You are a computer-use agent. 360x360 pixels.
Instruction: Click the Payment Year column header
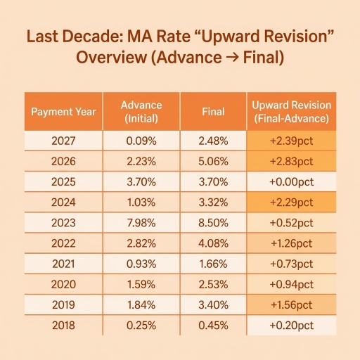coord(63,112)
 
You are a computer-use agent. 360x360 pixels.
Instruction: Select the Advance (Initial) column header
coord(141,112)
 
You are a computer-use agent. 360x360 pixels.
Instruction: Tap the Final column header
coord(213,112)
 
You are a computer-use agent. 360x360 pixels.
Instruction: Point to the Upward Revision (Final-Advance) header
coord(292,112)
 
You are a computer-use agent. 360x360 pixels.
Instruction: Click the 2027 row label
coord(63,141)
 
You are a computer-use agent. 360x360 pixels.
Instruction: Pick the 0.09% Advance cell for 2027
coord(141,141)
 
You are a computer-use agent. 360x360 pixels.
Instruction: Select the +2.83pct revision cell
coord(292,162)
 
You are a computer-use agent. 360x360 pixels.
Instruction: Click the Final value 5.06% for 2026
coord(213,162)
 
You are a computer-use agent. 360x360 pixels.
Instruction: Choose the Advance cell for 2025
coord(141,182)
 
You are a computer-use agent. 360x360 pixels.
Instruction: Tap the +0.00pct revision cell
coord(292,182)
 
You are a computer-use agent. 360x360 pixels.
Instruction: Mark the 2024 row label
coord(63,202)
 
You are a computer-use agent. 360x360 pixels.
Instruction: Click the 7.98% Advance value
coord(141,223)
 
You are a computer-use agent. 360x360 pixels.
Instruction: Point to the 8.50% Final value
coord(213,223)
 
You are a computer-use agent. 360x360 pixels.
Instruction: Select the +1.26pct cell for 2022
coord(292,243)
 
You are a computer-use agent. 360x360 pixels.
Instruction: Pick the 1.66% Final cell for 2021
coord(213,264)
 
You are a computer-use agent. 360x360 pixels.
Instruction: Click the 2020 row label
coord(63,285)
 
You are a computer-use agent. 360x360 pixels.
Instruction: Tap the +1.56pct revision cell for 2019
coord(292,305)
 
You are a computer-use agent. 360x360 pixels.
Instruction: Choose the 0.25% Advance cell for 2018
coord(141,326)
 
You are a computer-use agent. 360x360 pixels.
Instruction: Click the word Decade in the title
coord(92,37)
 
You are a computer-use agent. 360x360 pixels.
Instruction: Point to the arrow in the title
coord(232,58)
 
